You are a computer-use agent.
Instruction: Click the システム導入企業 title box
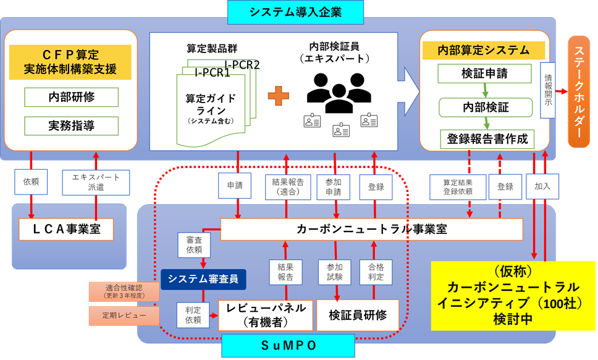(295, 12)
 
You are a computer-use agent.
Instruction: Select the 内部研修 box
(71, 97)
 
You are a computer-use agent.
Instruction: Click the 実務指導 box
(71, 126)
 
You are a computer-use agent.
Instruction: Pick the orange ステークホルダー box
(579, 91)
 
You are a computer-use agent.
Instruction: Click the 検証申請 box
(484, 74)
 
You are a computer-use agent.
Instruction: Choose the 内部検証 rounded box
(486, 107)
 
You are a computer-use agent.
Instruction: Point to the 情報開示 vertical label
(548, 90)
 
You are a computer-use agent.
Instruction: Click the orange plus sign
(279, 96)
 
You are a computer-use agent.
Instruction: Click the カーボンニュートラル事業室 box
(371, 229)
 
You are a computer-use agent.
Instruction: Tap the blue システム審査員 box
(203, 279)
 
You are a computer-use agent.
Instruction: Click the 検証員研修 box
(358, 315)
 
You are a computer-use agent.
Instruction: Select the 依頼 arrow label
(31, 182)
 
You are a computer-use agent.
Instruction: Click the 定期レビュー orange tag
(124, 316)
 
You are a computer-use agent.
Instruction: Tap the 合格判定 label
(376, 272)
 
